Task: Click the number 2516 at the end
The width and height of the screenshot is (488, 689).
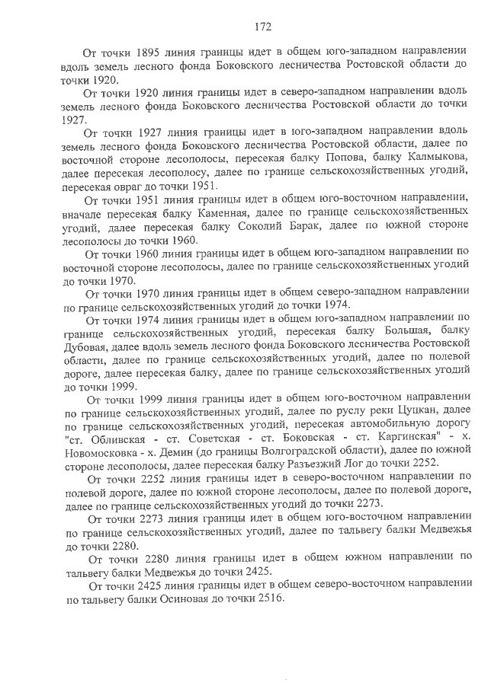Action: point(266,598)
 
